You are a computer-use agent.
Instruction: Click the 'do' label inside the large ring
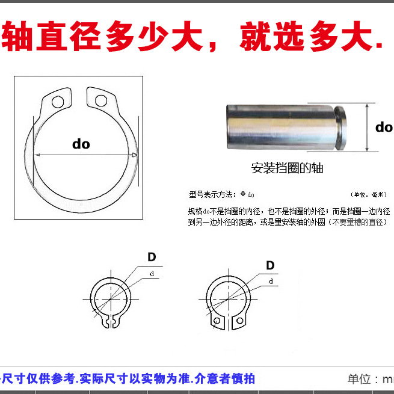(81, 144)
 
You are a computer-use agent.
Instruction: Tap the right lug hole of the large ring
(101, 100)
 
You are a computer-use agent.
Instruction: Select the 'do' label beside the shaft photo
(383, 127)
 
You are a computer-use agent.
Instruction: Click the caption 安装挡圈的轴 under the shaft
(287, 168)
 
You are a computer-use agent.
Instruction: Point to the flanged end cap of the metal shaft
(340, 128)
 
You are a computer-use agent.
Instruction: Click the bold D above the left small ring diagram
(152, 257)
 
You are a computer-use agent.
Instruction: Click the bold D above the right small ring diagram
(270, 265)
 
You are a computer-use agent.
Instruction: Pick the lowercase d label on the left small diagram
(151, 274)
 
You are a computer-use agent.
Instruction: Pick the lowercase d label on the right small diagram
(271, 282)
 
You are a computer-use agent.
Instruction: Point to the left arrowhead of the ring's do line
(37, 155)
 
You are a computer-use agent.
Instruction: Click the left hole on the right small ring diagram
(215, 322)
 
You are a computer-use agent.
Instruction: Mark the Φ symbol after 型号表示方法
(243, 195)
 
